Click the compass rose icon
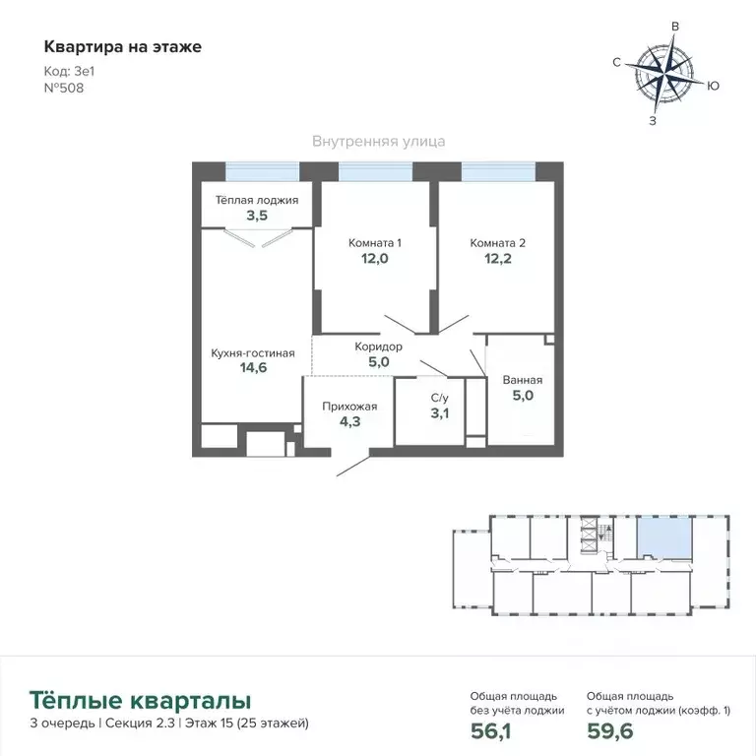coord(665,75)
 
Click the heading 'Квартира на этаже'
coord(122,46)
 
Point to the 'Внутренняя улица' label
coord(378,141)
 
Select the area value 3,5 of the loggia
coord(256,216)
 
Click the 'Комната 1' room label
coord(375,242)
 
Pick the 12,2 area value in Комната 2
coord(498,260)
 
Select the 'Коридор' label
coord(378,346)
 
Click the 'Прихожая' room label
coord(347,404)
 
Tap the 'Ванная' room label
coord(522,380)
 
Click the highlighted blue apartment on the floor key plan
coord(661,539)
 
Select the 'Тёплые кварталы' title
coord(140,701)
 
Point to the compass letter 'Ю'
coord(714,87)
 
